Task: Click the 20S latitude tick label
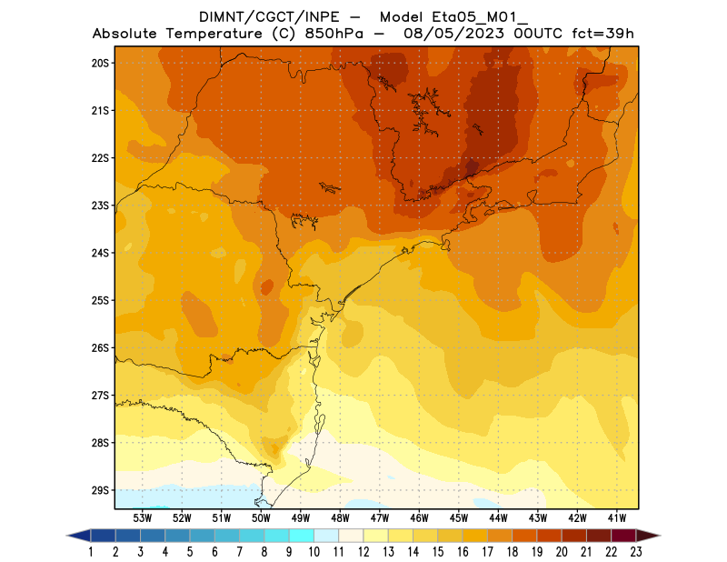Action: click(x=100, y=63)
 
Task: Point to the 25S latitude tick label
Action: click(x=100, y=300)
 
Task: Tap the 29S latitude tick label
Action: click(x=100, y=490)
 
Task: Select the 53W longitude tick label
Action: click(x=142, y=518)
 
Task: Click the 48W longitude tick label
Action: click(x=340, y=518)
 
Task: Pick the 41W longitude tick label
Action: click(x=617, y=518)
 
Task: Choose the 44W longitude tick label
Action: click(x=498, y=518)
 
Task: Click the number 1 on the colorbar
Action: click(x=91, y=551)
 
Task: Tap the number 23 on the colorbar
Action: click(x=636, y=551)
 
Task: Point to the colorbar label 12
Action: click(x=363, y=551)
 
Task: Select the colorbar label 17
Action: click(x=487, y=551)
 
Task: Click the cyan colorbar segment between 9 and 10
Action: click(x=302, y=535)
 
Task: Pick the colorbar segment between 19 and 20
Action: click(x=549, y=535)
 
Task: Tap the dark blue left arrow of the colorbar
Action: click(x=78, y=535)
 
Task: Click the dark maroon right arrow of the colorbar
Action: click(x=648, y=535)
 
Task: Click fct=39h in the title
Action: click(x=602, y=35)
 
